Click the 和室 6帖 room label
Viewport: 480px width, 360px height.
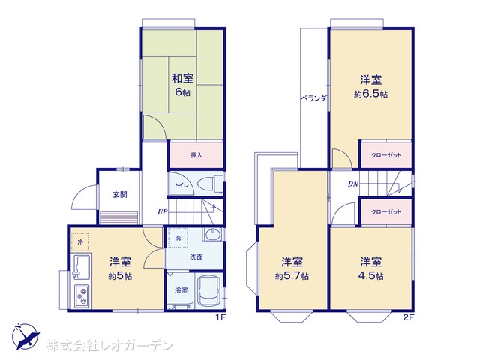pyautogui.click(x=182, y=85)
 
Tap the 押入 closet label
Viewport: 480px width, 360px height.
pyautogui.click(x=196, y=155)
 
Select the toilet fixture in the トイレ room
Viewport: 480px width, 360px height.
pyautogui.click(x=211, y=184)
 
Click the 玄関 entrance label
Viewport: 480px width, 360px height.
pyautogui.click(x=120, y=195)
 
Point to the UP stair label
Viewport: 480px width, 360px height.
pyautogui.click(x=163, y=211)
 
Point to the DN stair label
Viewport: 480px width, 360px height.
pyautogui.click(x=353, y=184)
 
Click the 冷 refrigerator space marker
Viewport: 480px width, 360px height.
pyautogui.click(x=80, y=242)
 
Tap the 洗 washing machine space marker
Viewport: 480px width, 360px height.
pyautogui.click(x=178, y=238)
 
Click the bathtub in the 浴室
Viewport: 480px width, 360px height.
pyautogui.click(x=208, y=291)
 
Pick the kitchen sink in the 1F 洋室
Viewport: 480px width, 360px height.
pyautogui.click(x=81, y=266)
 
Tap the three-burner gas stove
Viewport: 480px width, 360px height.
pyautogui.click(x=82, y=296)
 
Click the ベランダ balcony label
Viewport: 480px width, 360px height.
pyautogui.click(x=313, y=98)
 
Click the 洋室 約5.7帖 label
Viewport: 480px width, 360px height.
pyautogui.click(x=292, y=269)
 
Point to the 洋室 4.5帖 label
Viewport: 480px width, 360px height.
pyautogui.click(x=370, y=268)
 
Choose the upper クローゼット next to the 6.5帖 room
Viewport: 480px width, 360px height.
pyautogui.click(x=386, y=155)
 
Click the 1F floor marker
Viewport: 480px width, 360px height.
pyautogui.click(x=220, y=317)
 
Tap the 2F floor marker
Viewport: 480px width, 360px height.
pyautogui.click(x=408, y=317)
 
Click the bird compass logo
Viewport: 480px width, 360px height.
pyautogui.click(x=25, y=337)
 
